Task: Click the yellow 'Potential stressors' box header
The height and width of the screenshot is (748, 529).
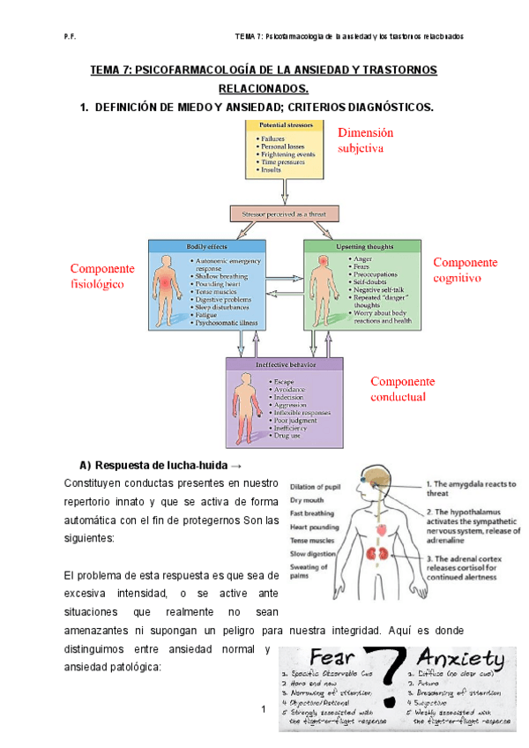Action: (280, 126)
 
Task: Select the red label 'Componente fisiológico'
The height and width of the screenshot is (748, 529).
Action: (102, 276)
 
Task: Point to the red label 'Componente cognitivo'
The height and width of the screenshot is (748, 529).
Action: (465, 270)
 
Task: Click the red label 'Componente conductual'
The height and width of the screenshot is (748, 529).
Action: (402, 389)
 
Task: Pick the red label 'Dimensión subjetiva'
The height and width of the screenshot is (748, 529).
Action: (365, 140)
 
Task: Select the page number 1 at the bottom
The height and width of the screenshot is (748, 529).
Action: (264, 709)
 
